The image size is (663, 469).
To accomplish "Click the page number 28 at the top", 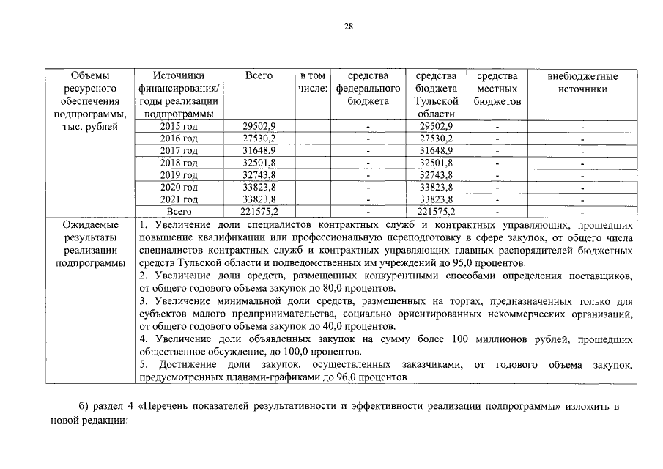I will pos(349,27).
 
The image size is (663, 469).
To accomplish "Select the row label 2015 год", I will pos(179,127).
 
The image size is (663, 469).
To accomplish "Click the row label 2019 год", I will pos(179,176).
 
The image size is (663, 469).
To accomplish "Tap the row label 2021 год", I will pos(179,199).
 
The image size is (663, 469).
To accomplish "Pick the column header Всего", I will pos(259,76).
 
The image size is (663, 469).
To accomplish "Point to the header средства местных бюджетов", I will pos(497,89).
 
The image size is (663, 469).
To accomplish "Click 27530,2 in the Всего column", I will pos(259,139).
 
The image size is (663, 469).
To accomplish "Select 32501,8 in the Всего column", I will pos(259,163).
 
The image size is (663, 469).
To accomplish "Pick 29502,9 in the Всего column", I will pos(259,127).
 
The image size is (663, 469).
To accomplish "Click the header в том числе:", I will pos(313,82).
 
